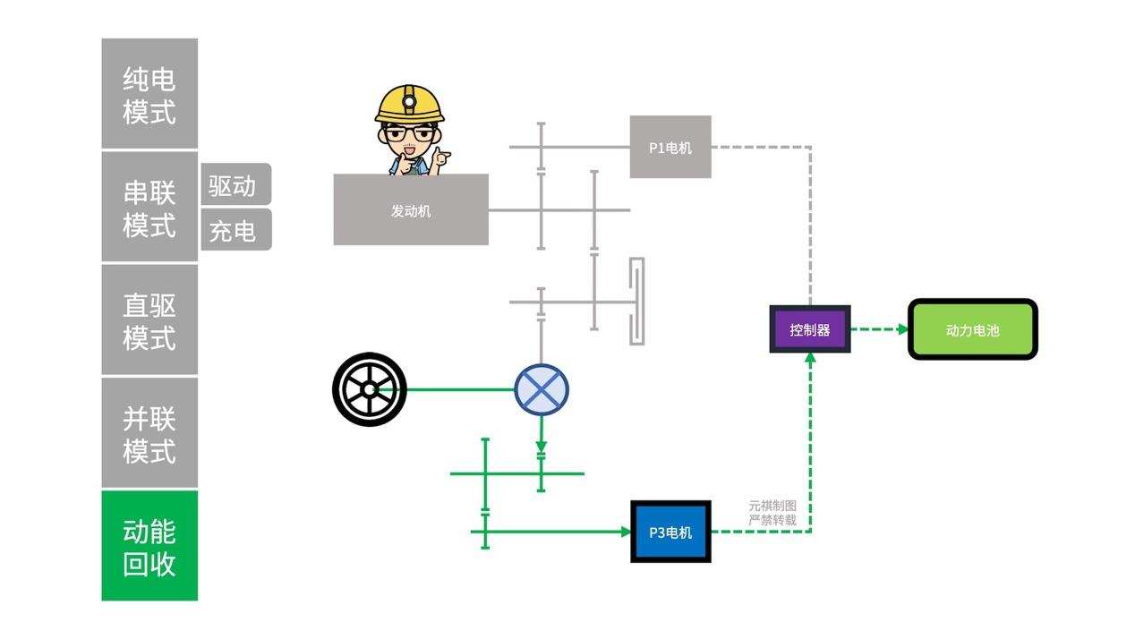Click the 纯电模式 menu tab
coord(149,94)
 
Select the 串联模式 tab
coord(149,207)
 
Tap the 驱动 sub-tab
coord(234,185)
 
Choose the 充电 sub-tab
coord(234,230)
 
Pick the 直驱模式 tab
coord(149,320)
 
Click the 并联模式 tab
coord(149,433)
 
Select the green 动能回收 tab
coord(149,546)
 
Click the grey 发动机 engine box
coord(411,210)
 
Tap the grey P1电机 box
coord(670,147)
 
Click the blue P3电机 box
coord(670,532)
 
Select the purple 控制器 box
coord(810,329)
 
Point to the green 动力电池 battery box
coord(973,330)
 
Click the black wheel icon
coord(369,389)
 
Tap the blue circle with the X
coord(542,390)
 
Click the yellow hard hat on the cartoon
coord(409,103)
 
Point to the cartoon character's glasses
coord(409,134)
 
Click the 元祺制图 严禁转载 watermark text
coord(772,513)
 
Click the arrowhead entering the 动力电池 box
coord(902,329)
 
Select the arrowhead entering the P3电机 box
coord(626,532)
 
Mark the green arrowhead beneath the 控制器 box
coord(810,358)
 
